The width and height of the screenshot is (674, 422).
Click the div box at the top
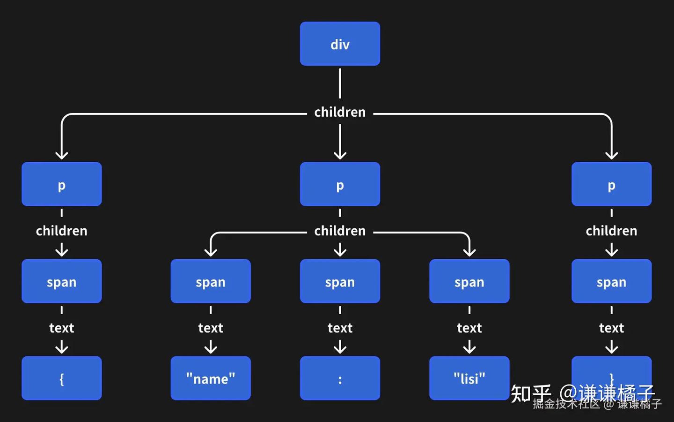[x=340, y=44]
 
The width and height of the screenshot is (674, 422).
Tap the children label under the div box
[x=340, y=112]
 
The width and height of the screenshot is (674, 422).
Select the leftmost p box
[x=61, y=184]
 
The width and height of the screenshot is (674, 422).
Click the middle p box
[x=340, y=184]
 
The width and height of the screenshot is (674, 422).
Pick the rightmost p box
[x=611, y=184]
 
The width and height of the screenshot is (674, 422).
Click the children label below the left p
[x=61, y=231]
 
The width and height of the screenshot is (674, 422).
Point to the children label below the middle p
[x=340, y=231]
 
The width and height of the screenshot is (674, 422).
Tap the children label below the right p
[x=611, y=231]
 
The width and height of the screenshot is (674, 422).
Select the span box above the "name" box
[x=211, y=281]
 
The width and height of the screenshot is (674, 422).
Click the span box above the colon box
[x=340, y=281]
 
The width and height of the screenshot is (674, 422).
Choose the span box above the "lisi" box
[x=469, y=281]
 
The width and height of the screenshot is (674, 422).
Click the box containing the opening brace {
[x=61, y=378]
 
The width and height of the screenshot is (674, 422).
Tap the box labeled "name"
[x=211, y=378]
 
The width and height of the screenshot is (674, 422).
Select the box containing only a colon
[x=340, y=378]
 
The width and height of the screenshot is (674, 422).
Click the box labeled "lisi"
[x=469, y=378]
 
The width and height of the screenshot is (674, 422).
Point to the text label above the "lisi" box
[x=469, y=328]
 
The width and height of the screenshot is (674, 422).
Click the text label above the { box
[x=61, y=328]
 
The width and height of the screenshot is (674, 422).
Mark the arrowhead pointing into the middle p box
[x=340, y=155]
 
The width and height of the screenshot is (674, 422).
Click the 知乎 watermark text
[x=531, y=393]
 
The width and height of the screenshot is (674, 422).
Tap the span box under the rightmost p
[x=611, y=281]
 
